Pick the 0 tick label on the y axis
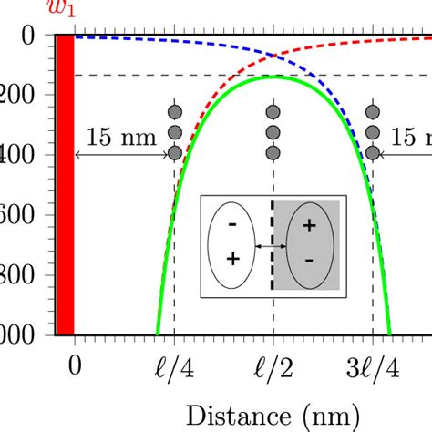pyautogui.click(x=34, y=36)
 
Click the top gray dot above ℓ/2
pyautogui.click(x=273, y=112)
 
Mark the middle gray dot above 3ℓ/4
pyautogui.click(x=372, y=133)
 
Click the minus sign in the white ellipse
pyautogui.click(x=232, y=224)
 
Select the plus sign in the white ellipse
pyautogui.click(x=232, y=260)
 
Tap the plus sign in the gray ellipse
pyautogui.click(x=309, y=225)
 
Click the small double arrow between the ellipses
pyautogui.click(x=271, y=245)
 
